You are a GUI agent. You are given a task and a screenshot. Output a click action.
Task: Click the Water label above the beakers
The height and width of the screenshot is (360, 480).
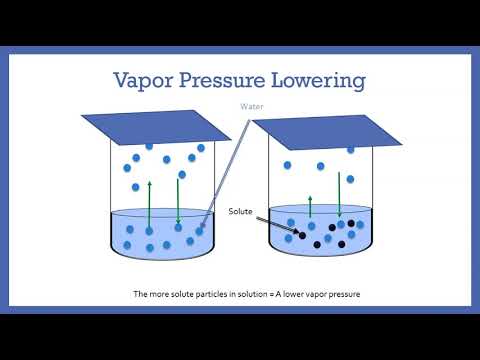coord(250,107)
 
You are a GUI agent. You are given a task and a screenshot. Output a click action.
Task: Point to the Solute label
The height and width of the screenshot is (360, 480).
coord(242,212)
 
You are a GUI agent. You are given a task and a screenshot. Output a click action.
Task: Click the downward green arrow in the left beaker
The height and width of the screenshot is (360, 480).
coord(177,200)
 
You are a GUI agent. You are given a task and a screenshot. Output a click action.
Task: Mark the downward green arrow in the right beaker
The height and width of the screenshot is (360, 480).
coord(350,196)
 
